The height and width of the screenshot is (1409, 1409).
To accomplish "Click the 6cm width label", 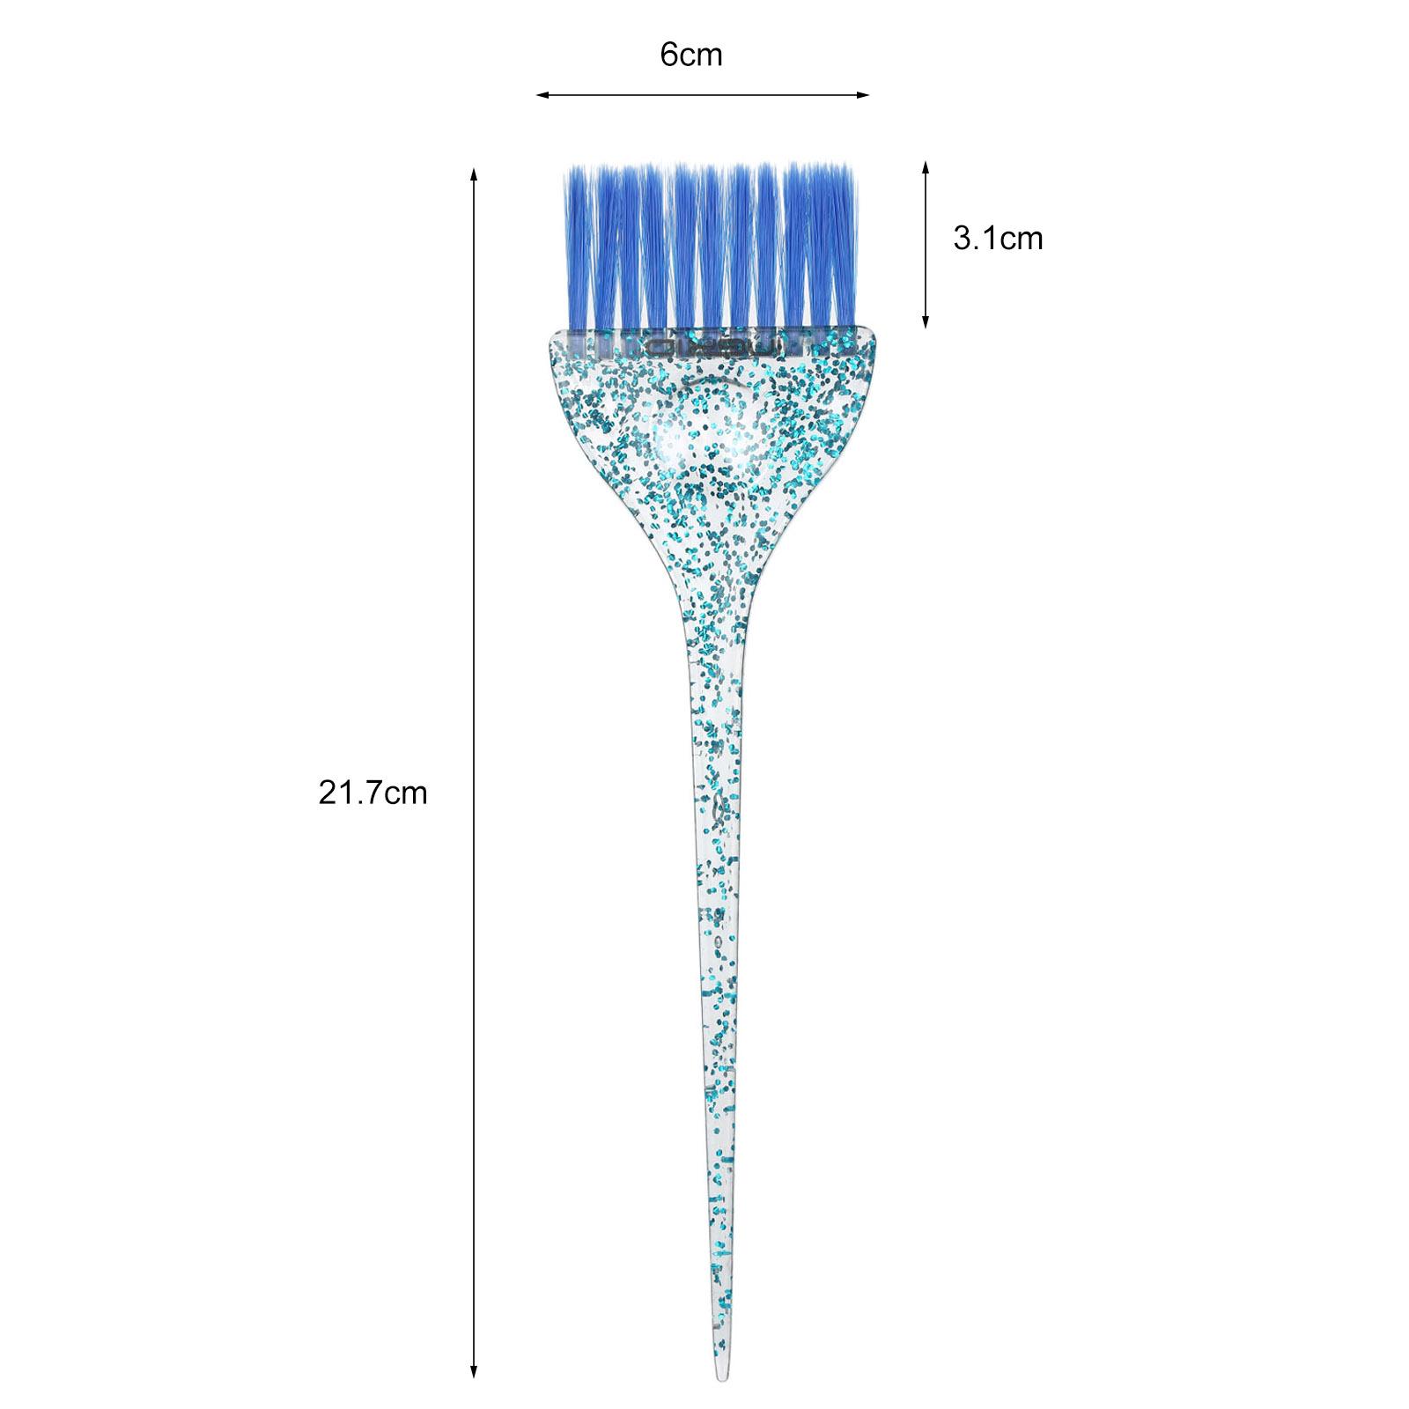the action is click(691, 55).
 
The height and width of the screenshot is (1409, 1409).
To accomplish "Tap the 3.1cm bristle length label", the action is click(998, 239).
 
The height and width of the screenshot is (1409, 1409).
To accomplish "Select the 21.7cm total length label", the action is click(373, 793).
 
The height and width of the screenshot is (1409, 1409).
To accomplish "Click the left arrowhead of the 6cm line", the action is click(542, 94).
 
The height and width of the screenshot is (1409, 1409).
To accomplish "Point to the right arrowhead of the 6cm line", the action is click(863, 94).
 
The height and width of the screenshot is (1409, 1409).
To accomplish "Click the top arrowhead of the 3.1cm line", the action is click(926, 167).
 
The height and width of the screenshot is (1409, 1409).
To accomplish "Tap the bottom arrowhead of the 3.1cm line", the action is click(926, 322).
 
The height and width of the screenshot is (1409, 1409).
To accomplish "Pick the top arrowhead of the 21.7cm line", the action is click(475, 174).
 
